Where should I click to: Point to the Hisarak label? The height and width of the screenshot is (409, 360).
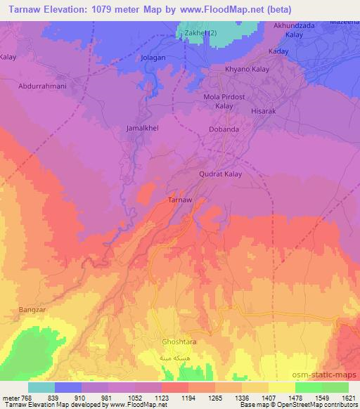[x=264, y=111]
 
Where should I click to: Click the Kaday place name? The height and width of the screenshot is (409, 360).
[x=278, y=53]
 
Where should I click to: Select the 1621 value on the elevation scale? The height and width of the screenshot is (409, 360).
[x=348, y=397]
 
